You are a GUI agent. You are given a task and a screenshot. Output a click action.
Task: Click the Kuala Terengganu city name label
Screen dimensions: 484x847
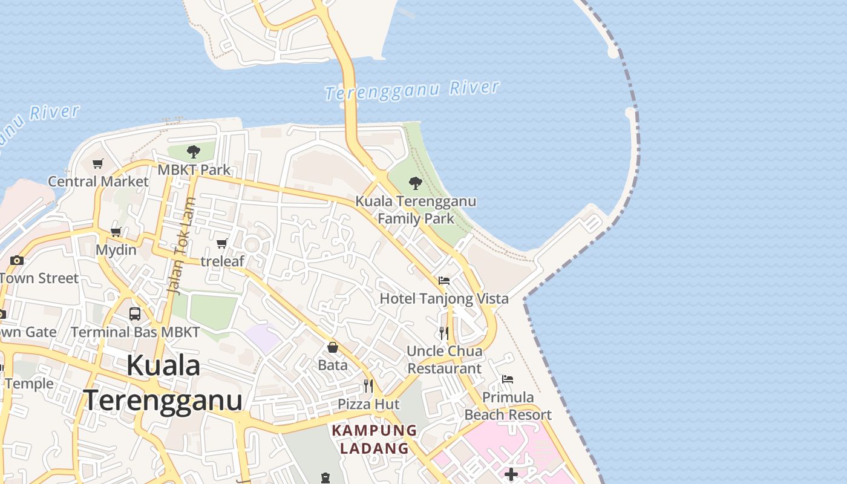tap(163, 383)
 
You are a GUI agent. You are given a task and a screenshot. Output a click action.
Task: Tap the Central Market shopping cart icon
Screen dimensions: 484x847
tap(98, 163)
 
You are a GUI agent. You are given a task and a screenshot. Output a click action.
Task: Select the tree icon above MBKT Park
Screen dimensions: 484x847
tap(194, 151)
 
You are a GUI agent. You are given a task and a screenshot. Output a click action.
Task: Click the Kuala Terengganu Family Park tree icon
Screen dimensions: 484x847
tap(416, 183)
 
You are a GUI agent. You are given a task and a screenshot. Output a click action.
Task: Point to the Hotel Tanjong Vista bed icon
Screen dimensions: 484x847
tap(444, 281)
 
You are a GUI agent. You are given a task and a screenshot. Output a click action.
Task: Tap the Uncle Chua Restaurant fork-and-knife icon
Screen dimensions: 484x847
tap(444, 333)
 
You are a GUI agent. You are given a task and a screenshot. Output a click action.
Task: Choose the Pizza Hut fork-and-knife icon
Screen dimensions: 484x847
tap(368, 385)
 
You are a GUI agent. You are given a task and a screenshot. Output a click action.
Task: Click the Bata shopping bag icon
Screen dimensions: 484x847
tap(333, 347)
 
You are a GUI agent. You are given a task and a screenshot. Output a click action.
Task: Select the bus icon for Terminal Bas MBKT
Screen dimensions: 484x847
tap(135, 314)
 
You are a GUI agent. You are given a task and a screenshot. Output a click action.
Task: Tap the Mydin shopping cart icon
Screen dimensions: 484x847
tap(116, 232)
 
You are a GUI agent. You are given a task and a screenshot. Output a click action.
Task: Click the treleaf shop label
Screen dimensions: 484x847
tap(222, 261)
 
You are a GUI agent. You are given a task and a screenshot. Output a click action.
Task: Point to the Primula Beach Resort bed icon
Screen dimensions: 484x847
tap(508, 379)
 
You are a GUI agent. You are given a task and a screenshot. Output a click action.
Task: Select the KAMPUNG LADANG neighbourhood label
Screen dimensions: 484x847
tap(374, 439)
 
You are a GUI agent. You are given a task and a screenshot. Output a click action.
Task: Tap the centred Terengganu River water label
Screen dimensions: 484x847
tap(412, 90)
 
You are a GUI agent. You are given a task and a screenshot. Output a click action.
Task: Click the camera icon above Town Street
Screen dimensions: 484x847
tap(17, 261)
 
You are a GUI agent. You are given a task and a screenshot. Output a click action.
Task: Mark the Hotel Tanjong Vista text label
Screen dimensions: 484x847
tap(444, 298)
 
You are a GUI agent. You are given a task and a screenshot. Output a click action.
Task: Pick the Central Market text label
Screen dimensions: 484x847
tap(98, 181)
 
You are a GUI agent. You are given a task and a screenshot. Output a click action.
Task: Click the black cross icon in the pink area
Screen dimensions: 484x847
tap(511, 474)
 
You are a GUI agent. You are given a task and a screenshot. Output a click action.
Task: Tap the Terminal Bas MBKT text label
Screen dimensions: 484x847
tap(135, 332)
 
